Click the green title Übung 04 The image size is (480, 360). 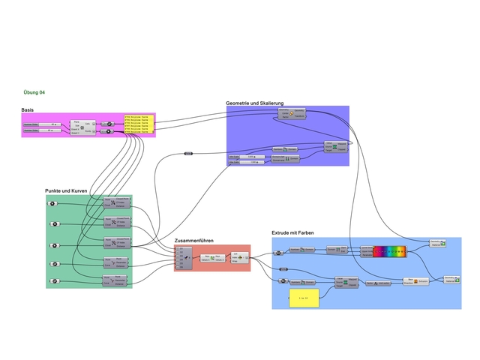coord(34,92)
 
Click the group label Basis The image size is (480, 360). coord(27,110)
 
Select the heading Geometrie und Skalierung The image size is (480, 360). coord(258,102)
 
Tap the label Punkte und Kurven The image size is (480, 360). coord(66,191)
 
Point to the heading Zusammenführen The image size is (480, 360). coord(194,241)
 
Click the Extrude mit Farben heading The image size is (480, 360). coord(292,233)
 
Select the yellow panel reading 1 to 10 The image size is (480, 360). coord(304,298)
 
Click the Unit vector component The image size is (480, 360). coord(380,283)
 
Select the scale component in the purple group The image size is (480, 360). coord(291,113)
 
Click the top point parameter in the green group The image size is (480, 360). coord(52,204)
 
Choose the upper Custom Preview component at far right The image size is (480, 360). coord(439,243)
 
